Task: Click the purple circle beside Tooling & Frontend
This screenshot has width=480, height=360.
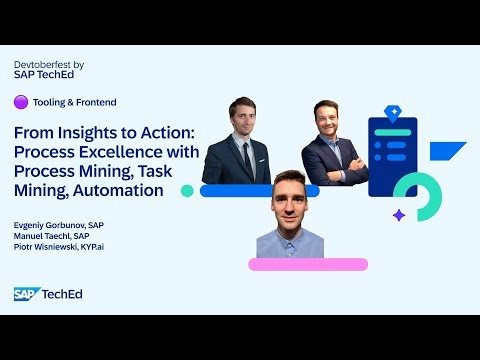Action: click(x=20, y=101)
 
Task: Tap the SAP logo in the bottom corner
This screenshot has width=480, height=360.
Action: click(x=25, y=293)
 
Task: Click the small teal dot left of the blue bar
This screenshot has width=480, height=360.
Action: click(x=187, y=190)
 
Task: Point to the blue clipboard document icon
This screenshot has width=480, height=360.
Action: click(x=392, y=150)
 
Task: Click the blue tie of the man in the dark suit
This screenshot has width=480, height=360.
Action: click(x=244, y=156)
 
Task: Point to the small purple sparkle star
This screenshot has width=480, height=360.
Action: click(x=398, y=215)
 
